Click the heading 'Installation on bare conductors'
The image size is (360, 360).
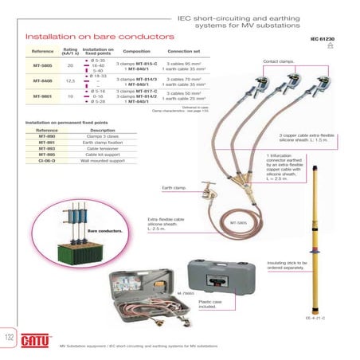click(x=78, y=37)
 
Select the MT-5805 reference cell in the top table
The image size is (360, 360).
click(x=42, y=65)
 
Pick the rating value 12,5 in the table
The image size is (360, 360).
click(x=70, y=80)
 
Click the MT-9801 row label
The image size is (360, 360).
click(x=42, y=96)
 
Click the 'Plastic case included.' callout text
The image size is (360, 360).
click(x=210, y=305)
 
